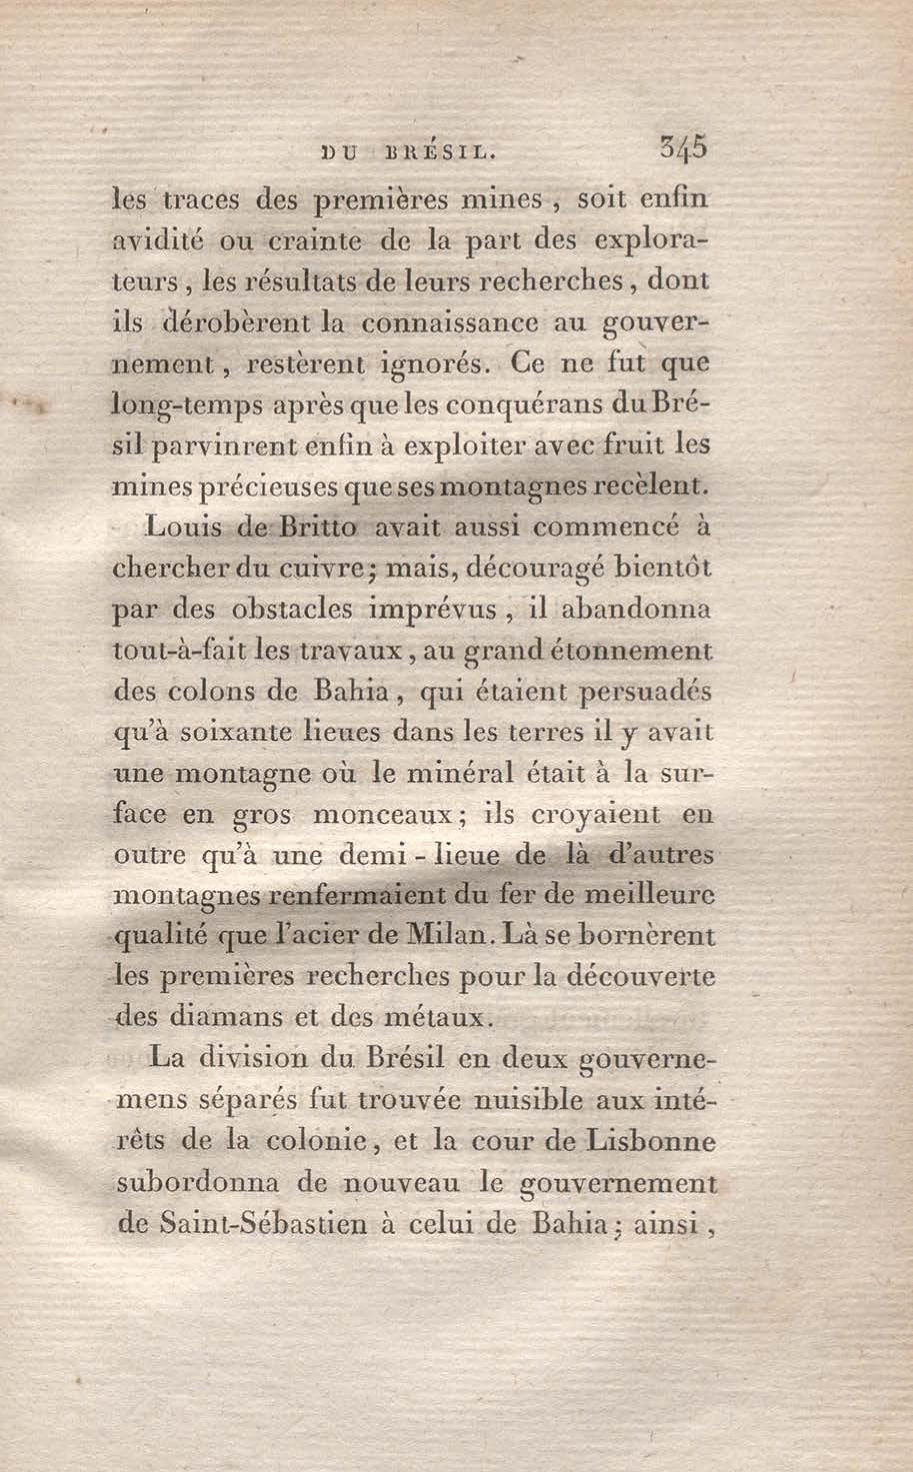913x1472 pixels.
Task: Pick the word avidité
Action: (159, 241)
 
